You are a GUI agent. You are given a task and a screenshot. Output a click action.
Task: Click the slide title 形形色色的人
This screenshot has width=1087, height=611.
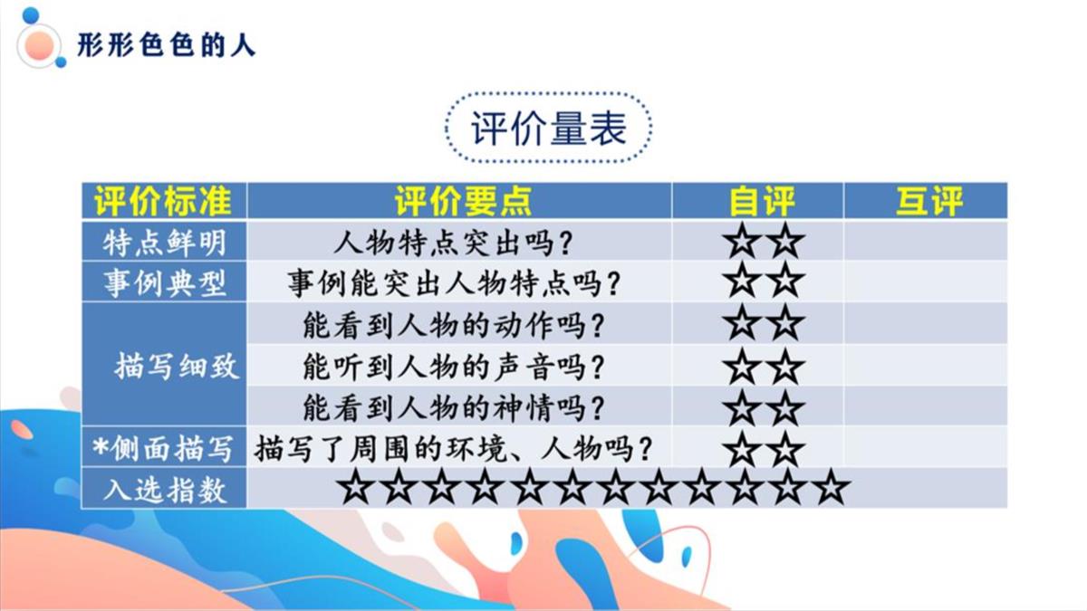coord(166,46)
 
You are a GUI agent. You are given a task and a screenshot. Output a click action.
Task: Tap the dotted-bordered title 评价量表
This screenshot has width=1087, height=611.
coord(548,129)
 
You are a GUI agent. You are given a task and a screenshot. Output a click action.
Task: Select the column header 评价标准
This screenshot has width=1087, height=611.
coord(163,201)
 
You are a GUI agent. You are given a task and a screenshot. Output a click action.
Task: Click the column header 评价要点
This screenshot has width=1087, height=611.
coord(463,201)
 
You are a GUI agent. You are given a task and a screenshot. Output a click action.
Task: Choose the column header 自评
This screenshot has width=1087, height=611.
coord(762,201)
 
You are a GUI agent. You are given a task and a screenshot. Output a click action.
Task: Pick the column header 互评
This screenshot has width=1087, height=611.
coord(928,201)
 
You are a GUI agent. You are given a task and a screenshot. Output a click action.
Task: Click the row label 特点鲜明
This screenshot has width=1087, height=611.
coord(165,243)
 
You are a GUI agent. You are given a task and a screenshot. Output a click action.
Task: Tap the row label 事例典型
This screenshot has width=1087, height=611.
coord(165,283)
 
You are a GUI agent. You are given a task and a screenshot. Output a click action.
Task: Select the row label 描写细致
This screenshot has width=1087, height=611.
coord(178,366)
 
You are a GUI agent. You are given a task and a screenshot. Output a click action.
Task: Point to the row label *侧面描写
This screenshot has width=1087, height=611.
coord(162,449)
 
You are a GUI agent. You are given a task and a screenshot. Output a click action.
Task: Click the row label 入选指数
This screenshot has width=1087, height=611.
coord(165,490)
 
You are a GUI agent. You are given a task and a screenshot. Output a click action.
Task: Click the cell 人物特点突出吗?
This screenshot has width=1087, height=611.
coord(453,243)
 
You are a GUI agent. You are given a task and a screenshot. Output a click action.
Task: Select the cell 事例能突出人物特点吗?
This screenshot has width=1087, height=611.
coord(454,283)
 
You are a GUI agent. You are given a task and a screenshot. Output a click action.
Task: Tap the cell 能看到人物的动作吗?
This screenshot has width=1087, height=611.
coord(454,325)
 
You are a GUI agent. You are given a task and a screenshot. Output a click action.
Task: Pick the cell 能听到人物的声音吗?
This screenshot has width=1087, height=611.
coord(454,367)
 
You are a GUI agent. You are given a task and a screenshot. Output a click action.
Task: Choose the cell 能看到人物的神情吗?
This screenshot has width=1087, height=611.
coord(454,408)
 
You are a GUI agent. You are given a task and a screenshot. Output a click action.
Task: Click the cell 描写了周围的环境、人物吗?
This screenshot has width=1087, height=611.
coord(453,449)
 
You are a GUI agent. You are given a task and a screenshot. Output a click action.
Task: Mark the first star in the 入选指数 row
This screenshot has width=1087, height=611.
coord(356,486)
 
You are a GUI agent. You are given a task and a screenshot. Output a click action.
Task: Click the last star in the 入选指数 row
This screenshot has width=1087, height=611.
coord(832,486)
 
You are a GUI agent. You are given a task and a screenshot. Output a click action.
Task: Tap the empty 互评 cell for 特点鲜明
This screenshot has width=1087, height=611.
coord(926,241)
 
